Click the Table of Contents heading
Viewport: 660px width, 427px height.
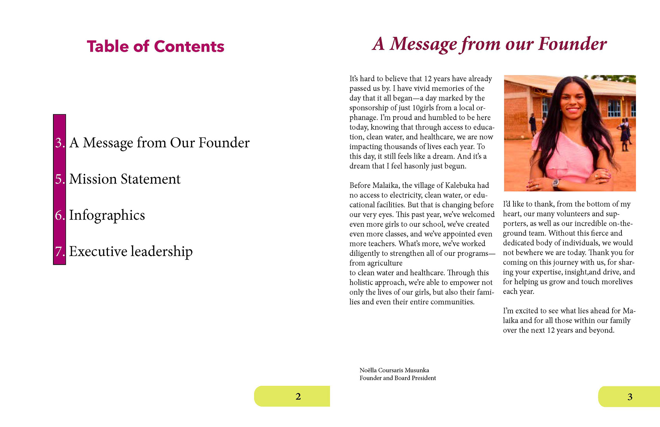coord(155,46)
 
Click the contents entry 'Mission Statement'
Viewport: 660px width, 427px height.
coord(124,179)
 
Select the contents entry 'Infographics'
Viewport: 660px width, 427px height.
coord(107,215)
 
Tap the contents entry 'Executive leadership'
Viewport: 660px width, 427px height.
coord(131,251)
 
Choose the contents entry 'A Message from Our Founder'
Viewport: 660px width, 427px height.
coord(159,143)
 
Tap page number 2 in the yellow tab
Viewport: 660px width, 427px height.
coord(298,396)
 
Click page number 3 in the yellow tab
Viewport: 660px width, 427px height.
coord(630,397)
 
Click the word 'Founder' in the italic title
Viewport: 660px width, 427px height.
coord(572,44)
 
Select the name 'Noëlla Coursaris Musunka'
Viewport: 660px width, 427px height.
coord(394,370)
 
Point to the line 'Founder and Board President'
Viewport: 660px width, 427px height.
coord(397,378)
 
